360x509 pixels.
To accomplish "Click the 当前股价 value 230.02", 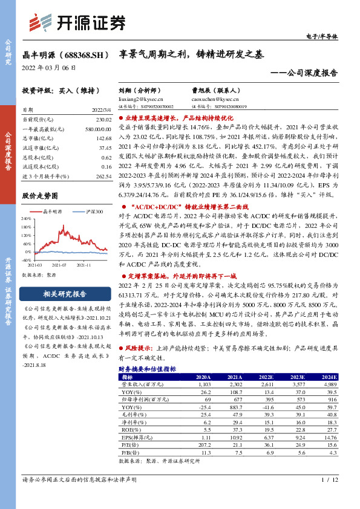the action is pos(103,120).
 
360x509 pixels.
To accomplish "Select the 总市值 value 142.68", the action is pos(103,138).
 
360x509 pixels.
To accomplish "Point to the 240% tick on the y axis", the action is pos(27,219).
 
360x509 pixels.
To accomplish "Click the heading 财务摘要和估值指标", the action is pos(147,368).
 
